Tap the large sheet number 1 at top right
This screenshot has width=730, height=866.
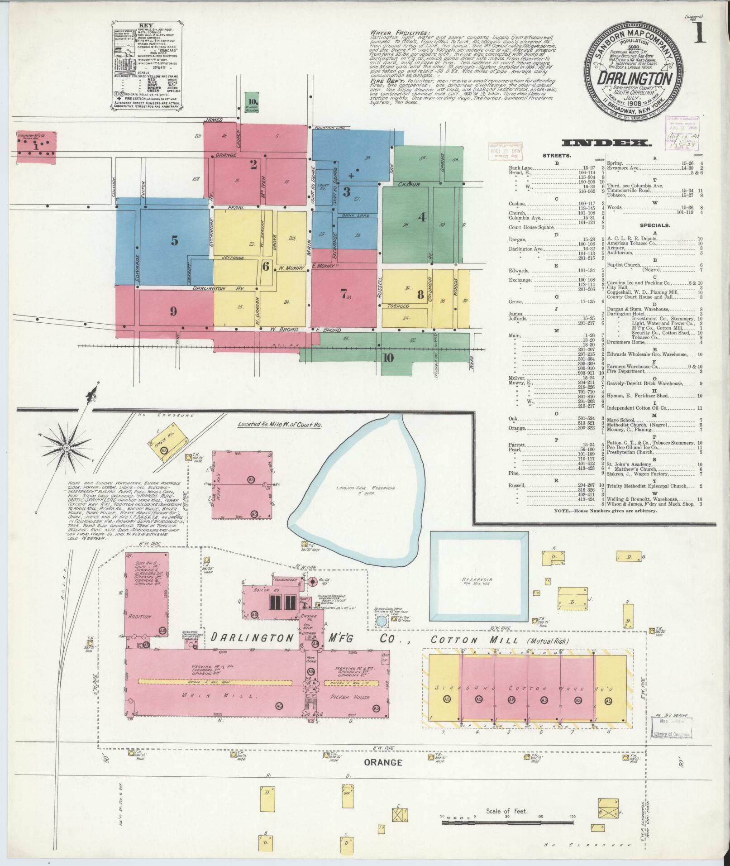pos(700,33)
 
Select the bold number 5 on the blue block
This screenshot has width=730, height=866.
pos(174,241)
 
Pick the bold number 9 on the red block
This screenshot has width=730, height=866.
pos(173,311)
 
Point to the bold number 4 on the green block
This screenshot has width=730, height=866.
pos(422,217)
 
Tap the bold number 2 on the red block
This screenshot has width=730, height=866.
pos(253,164)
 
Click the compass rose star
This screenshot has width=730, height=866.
pos(67,447)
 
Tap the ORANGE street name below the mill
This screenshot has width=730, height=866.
pos(383,763)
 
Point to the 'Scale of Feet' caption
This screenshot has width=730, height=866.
pos(507,811)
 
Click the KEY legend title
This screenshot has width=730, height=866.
pos(147,26)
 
